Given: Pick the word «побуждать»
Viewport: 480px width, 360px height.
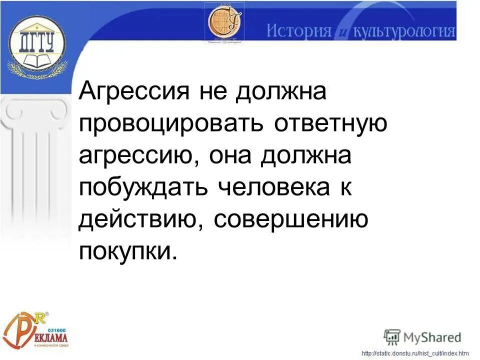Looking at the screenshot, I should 142,188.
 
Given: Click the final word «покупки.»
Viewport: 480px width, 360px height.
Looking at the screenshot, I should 128,251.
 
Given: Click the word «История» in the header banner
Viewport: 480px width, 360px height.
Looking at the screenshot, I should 298,31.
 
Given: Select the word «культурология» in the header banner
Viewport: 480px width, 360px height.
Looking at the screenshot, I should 404,31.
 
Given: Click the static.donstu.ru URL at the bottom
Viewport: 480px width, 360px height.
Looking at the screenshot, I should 415,354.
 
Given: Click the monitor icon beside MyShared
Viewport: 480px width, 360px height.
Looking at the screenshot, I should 392,336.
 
